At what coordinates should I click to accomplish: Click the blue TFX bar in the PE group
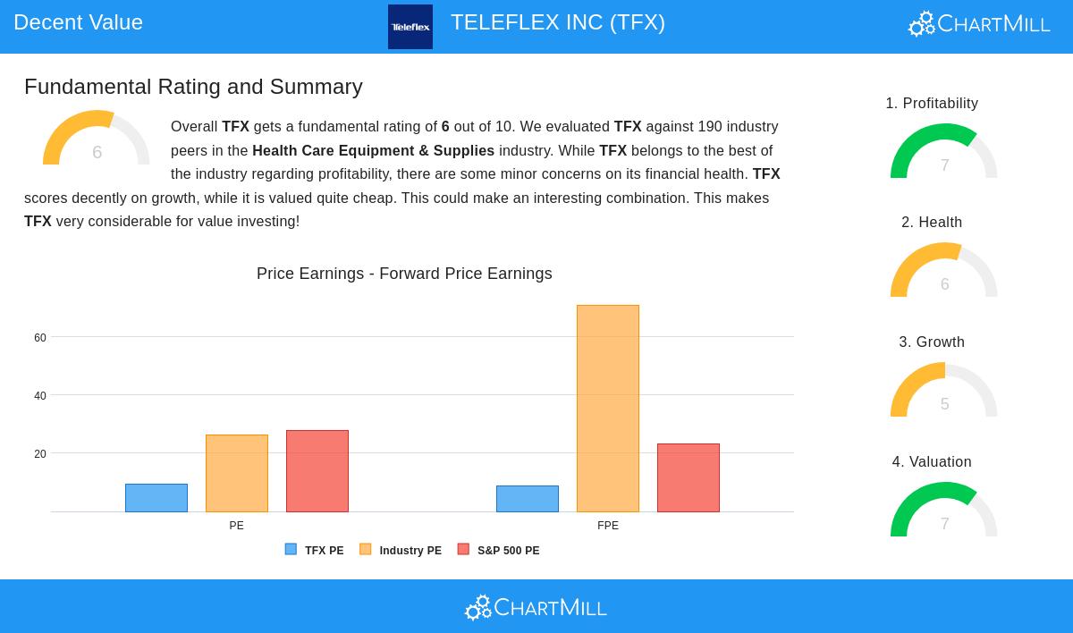point(156,498)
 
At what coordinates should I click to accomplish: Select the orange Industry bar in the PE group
point(237,473)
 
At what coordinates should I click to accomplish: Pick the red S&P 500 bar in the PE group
point(317,471)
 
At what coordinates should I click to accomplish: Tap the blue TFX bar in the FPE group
point(528,499)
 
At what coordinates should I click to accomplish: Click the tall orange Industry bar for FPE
point(608,409)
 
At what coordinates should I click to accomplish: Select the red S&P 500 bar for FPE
point(689,477)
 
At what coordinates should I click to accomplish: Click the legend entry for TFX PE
point(315,551)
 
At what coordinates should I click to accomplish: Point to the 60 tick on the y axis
point(40,338)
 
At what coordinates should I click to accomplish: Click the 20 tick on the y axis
point(40,454)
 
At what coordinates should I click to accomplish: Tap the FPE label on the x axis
point(608,526)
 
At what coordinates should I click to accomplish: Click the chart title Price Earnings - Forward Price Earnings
point(404,274)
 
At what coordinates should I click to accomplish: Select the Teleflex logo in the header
point(410,27)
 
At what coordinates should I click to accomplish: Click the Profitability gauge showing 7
point(944,154)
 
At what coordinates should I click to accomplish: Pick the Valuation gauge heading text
point(932,462)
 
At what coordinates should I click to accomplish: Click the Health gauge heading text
point(932,223)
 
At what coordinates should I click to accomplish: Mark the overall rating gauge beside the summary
point(97,140)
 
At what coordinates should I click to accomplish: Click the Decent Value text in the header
point(79,22)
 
